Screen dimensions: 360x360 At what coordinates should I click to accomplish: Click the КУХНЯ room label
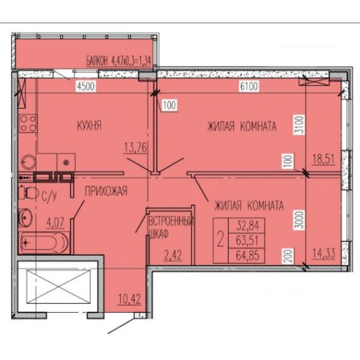pyautogui.click(x=89, y=126)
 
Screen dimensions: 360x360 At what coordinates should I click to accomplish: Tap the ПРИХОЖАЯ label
pyautogui.click(x=106, y=191)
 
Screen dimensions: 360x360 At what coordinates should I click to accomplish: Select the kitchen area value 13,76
pyautogui.click(x=135, y=147)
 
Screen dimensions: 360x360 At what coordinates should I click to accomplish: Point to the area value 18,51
pyautogui.click(x=324, y=159)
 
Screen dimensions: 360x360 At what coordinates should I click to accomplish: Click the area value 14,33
pyautogui.click(x=324, y=253)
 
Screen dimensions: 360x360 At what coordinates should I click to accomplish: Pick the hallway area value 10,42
pyautogui.click(x=129, y=299)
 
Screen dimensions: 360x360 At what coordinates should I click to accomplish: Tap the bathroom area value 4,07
pyautogui.click(x=56, y=222)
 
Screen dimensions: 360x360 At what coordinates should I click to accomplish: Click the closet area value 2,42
pyautogui.click(x=173, y=255)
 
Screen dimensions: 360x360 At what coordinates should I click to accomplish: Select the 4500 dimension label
pyautogui.click(x=86, y=87)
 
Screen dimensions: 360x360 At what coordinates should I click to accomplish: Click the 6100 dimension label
pyautogui.click(x=249, y=87)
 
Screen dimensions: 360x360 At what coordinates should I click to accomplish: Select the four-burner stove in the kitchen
pyautogui.click(x=28, y=123)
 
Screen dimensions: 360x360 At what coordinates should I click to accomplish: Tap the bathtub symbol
pyautogui.click(x=44, y=243)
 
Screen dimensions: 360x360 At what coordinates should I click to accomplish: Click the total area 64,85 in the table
pyautogui.click(x=248, y=255)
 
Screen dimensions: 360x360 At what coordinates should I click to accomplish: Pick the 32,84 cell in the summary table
pyautogui.click(x=248, y=225)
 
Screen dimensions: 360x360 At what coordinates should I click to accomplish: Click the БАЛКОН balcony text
pyautogui.click(x=97, y=61)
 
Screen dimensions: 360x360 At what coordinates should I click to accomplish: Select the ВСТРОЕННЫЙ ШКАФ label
pyautogui.click(x=171, y=227)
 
